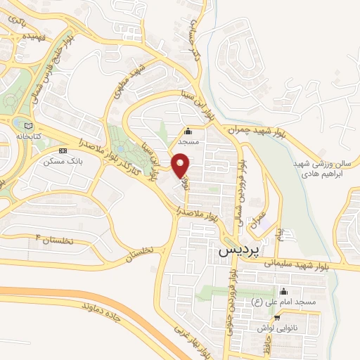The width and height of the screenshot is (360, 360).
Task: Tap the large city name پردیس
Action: point(238,248)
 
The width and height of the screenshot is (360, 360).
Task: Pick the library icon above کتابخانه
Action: point(18,122)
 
